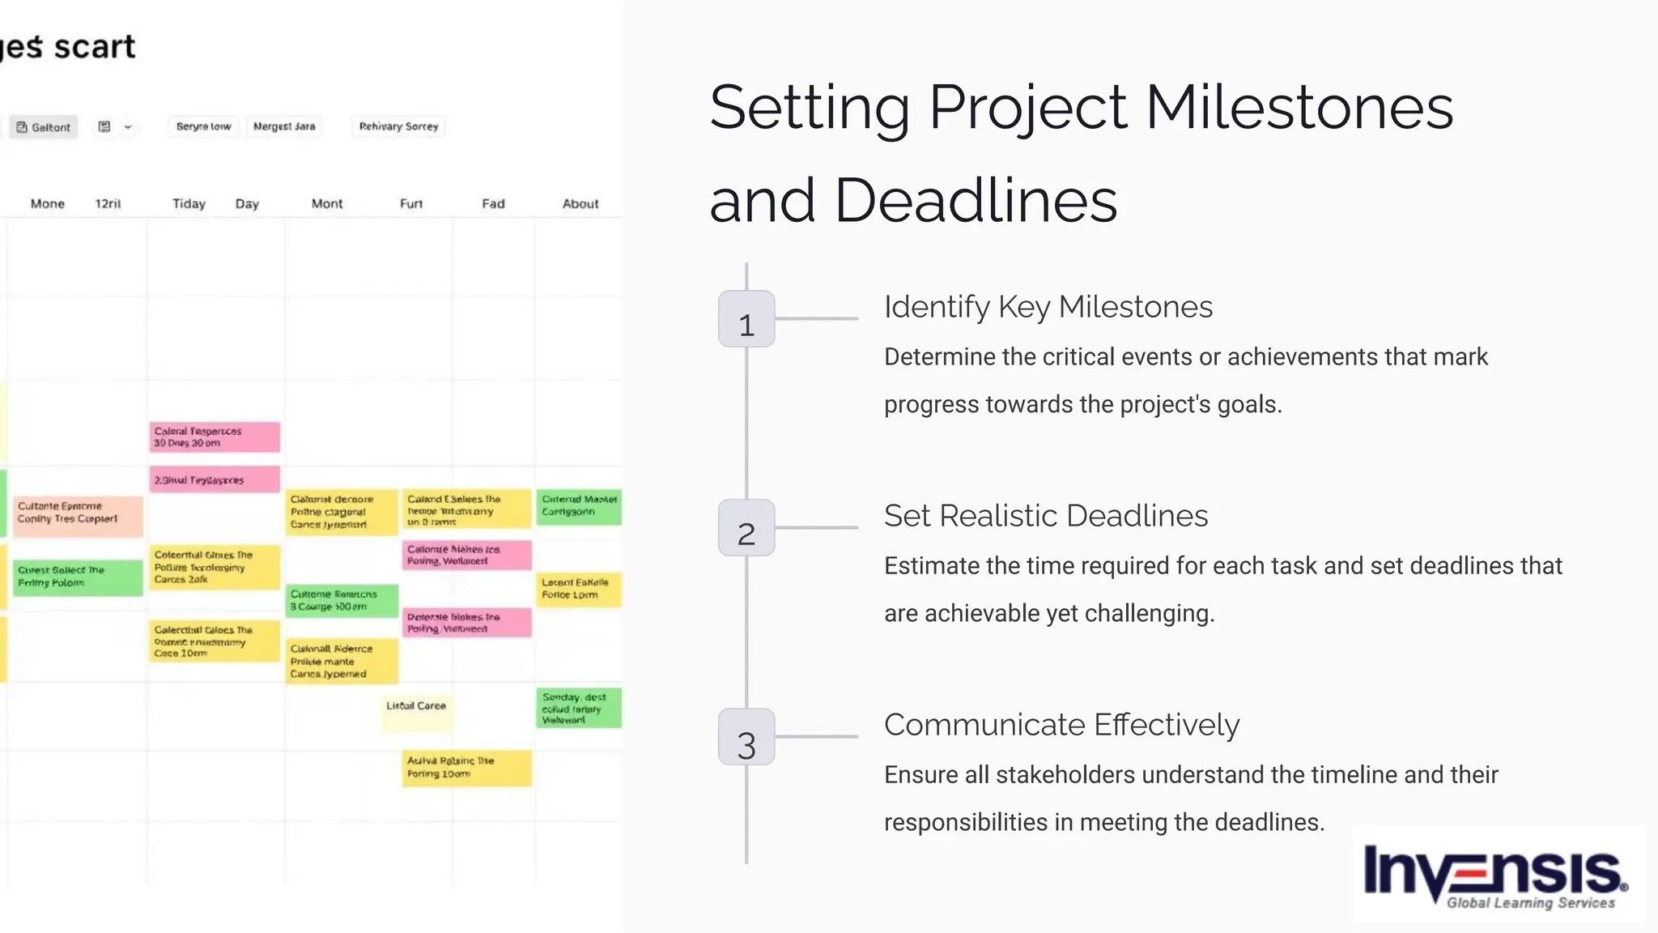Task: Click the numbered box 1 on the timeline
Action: point(746,319)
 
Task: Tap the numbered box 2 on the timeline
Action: point(746,528)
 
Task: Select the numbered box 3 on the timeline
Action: point(746,737)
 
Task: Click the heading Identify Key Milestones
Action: point(1048,308)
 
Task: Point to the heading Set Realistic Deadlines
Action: point(1045,517)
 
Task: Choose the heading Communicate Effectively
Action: point(1061,726)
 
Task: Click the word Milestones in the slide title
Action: point(1299,108)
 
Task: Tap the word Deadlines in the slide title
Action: point(975,201)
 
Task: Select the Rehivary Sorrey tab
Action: point(398,126)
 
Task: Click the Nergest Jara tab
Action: point(284,126)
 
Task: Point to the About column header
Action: point(580,204)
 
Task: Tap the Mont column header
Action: point(327,204)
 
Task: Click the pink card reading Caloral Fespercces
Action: point(215,437)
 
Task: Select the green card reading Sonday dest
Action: point(578,709)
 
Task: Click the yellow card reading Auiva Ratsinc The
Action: point(467,768)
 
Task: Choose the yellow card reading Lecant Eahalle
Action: point(578,589)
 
